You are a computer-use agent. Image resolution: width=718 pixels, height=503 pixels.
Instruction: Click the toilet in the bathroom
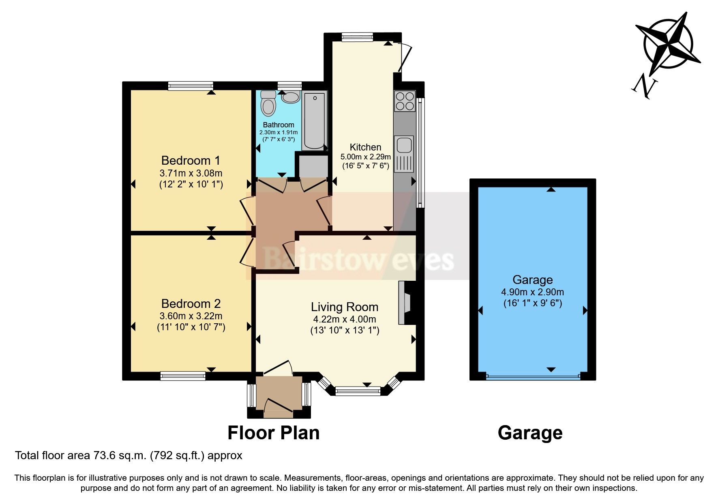[x=268, y=104]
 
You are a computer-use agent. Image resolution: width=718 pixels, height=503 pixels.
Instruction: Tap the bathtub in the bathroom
[x=315, y=121]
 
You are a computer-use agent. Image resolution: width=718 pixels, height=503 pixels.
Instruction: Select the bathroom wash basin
[x=290, y=97]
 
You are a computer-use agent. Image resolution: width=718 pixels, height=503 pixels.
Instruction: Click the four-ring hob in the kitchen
[x=405, y=101]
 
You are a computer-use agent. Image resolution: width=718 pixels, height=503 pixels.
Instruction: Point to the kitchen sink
[x=404, y=145]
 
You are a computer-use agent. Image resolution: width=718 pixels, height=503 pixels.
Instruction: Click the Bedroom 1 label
[x=191, y=160]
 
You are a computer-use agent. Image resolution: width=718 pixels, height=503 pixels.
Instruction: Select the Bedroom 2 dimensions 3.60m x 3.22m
[x=191, y=316]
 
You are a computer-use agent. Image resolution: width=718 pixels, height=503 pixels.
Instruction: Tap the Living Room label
[x=344, y=307]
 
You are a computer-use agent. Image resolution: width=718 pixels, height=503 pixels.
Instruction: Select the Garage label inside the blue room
[x=532, y=280]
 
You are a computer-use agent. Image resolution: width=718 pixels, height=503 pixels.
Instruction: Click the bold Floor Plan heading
[x=273, y=433]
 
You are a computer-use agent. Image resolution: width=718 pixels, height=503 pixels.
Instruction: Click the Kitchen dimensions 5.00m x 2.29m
[x=365, y=157]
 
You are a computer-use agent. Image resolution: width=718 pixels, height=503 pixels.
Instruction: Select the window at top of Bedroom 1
[x=191, y=86]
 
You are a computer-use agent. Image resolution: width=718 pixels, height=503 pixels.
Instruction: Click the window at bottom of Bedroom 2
[x=183, y=376]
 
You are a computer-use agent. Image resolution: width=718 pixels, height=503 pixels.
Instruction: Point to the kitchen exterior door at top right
[x=404, y=57]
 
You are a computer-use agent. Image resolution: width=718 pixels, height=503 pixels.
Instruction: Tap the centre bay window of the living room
[x=358, y=391]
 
